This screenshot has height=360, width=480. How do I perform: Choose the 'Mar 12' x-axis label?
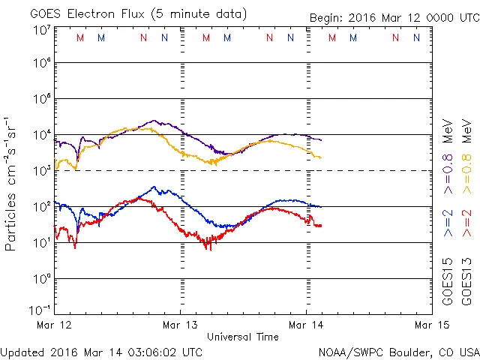[55, 325]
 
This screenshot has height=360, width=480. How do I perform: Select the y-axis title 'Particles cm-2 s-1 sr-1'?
[11, 183]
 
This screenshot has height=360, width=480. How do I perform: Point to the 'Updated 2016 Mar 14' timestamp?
[101, 351]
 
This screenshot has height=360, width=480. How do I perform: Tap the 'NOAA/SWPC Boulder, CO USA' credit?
[398, 351]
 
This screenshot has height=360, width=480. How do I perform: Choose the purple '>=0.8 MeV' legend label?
[448, 151]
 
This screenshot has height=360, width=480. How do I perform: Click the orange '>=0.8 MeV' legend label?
[466, 151]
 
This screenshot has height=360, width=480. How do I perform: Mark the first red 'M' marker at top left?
[80, 37]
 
